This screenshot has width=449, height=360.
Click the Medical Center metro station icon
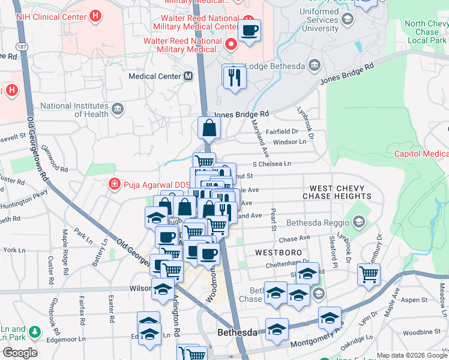pos(188,76)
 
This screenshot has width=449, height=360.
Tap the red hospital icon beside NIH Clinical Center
pos(94,17)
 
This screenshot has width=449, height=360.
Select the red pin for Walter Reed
pos(230,44)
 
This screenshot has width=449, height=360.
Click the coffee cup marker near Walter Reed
pos(249,29)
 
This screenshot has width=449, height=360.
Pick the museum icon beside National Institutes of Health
pos(118,110)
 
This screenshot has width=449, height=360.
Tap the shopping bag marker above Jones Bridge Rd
pos(209,127)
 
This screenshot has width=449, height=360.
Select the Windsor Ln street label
pos(289,142)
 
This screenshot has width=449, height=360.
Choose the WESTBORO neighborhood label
pos(274,253)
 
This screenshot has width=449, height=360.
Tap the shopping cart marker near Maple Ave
pos(369,274)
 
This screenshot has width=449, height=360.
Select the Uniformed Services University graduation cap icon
pos(347,19)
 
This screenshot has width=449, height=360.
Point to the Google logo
pos(20,353)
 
